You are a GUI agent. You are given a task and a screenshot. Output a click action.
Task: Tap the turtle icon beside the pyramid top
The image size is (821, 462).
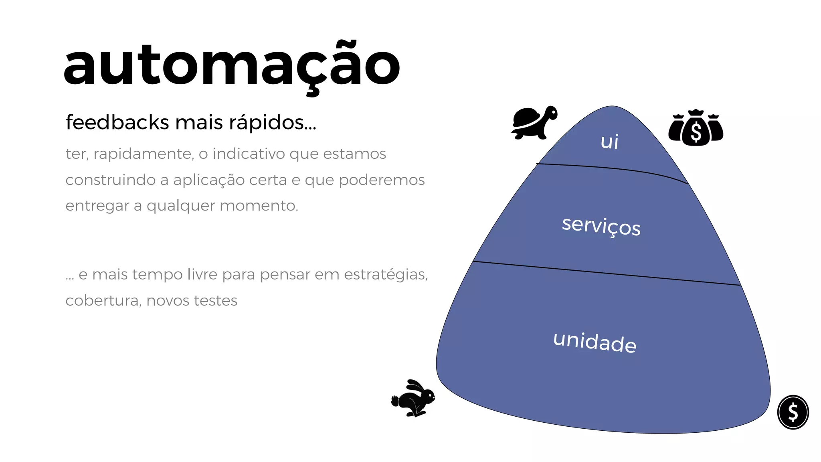[x=534, y=123]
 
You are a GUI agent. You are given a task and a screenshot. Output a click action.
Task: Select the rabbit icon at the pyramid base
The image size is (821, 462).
[x=413, y=398]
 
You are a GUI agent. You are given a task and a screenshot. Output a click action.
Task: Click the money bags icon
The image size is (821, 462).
[x=696, y=128]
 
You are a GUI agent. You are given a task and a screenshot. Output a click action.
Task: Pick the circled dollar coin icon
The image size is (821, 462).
[x=793, y=412]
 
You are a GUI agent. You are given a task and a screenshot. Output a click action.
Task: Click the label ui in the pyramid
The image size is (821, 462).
[x=609, y=142]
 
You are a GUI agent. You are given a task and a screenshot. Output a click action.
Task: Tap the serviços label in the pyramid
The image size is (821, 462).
[x=601, y=226]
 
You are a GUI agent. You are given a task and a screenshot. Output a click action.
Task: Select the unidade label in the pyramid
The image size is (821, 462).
[x=595, y=342]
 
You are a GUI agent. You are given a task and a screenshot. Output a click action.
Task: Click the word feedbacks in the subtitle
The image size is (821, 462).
[x=117, y=122]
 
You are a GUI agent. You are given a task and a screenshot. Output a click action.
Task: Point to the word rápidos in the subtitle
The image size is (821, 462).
[x=272, y=123]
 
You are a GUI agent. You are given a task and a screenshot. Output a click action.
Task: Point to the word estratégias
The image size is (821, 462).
[x=386, y=275]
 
